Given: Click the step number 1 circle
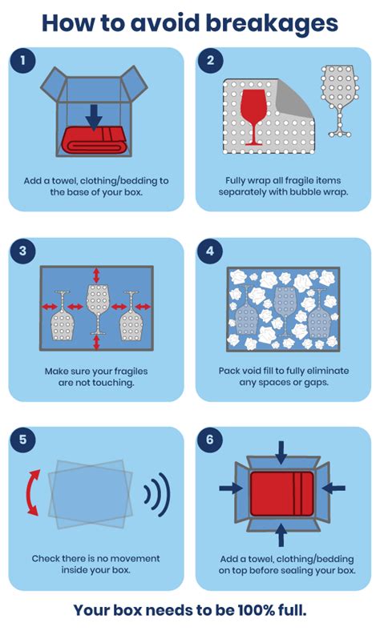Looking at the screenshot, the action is (x=22, y=61).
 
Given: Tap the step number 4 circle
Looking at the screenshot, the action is (x=210, y=251).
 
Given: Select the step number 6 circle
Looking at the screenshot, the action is (x=210, y=440).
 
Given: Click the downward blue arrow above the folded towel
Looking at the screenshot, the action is (x=94, y=117).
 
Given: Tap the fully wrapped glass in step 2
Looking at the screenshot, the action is (x=339, y=101).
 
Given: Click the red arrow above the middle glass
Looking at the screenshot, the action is (x=96, y=275).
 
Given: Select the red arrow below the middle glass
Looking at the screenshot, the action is (x=96, y=343).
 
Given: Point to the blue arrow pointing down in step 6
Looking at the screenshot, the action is (x=281, y=453).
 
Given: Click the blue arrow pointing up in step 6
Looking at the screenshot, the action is (x=281, y=535).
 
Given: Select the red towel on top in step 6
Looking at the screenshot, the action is (x=281, y=494).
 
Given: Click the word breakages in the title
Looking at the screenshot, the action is (x=272, y=23).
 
